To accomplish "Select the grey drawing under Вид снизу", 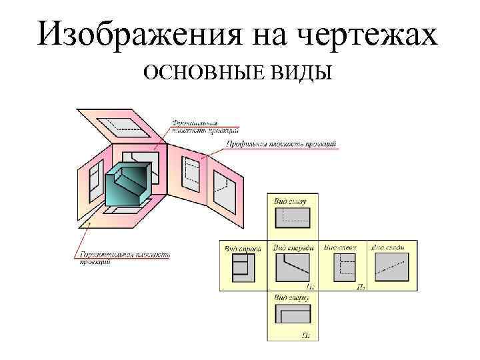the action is (x=292, y=218).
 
